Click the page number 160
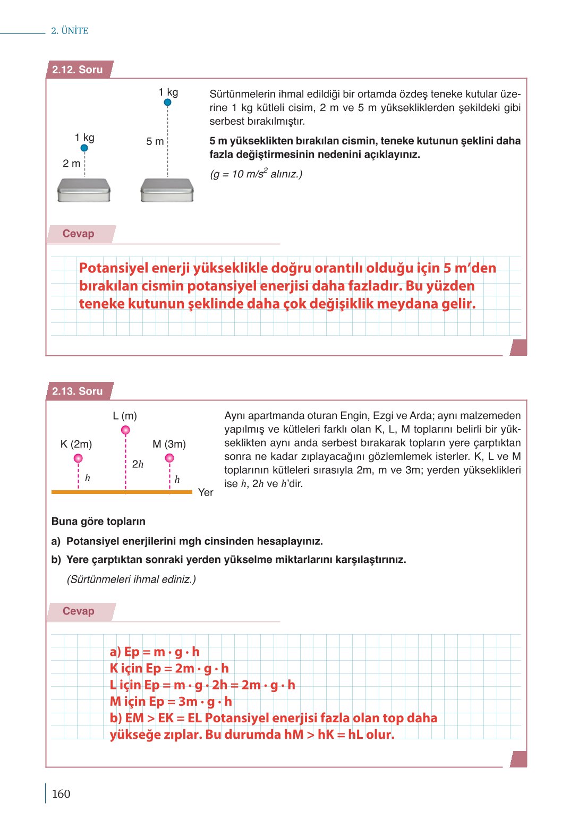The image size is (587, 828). (61, 793)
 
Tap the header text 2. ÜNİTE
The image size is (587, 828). (70, 31)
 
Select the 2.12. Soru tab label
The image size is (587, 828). (78, 70)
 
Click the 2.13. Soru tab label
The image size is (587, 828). (78, 391)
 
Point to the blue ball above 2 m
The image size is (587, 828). (84, 148)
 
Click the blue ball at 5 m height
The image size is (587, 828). (167, 103)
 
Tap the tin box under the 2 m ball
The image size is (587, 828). (84, 190)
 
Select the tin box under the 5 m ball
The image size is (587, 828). (167, 190)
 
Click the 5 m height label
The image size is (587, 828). (155, 141)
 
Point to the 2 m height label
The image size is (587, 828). (71, 164)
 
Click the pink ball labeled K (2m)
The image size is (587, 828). (78, 458)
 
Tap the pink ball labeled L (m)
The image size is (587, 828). (125, 430)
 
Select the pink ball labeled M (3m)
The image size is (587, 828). (169, 458)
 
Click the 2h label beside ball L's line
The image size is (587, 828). (138, 464)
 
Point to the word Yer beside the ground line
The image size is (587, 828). (206, 492)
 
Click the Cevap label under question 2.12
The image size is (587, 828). (79, 234)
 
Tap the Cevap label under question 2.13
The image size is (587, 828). (79, 611)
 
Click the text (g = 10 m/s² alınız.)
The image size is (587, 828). (256, 174)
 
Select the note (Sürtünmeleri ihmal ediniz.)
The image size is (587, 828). (131, 579)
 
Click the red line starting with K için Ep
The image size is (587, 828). (169, 668)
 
